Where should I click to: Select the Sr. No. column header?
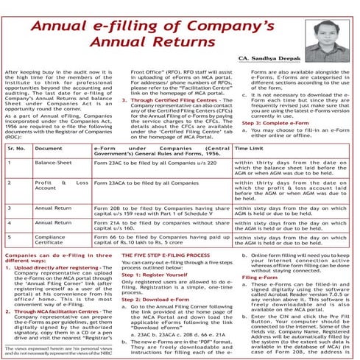[15, 148]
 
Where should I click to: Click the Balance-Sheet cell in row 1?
[53, 162]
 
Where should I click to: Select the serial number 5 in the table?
[10, 238]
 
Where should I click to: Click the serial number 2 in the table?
[10, 181]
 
